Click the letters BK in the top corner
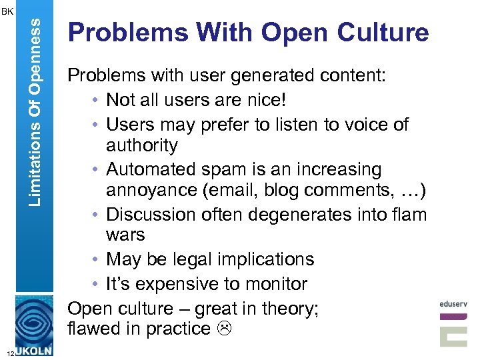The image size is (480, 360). coord(7,11)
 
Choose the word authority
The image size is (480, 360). coord(142,145)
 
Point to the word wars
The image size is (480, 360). coord(125,235)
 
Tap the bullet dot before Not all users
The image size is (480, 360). coord(97,101)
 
